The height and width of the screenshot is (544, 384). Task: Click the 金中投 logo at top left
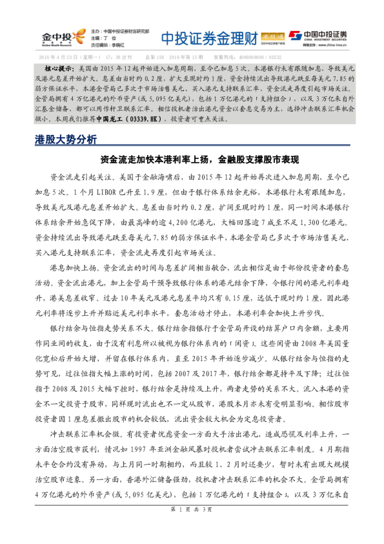click(61, 36)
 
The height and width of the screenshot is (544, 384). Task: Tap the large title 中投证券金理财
click(203, 36)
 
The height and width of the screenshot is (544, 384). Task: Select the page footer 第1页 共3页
click(192, 528)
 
